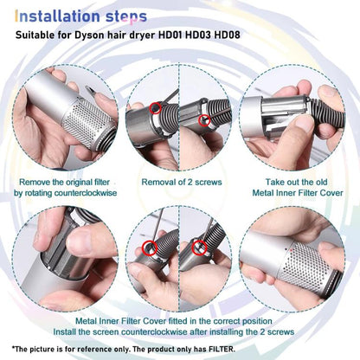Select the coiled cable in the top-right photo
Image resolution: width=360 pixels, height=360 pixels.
333,130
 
